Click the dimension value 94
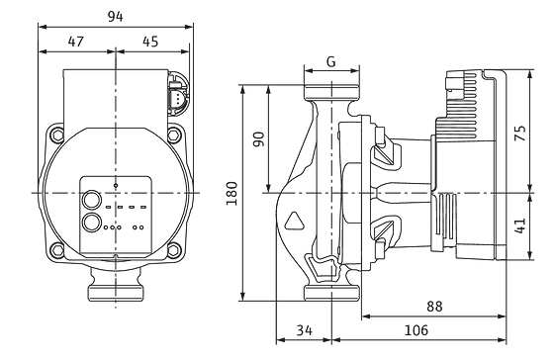pyautogui.click(x=116, y=16)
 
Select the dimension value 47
pyautogui.click(x=76, y=42)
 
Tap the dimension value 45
pyautogui.click(x=150, y=42)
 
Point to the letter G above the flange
pyautogui.click(x=331, y=62)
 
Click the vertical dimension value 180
pyautogui.click(x=231, y=193)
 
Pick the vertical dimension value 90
pyautogui.click(x=259, y=139)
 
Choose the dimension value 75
pyautogui.click(x=519, y=134)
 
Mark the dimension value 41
pyautogui.click(x=519, y=226)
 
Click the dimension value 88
pyautogui.click(x=434, y=307)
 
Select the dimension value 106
pyautogui.click(x=415, y=330)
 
